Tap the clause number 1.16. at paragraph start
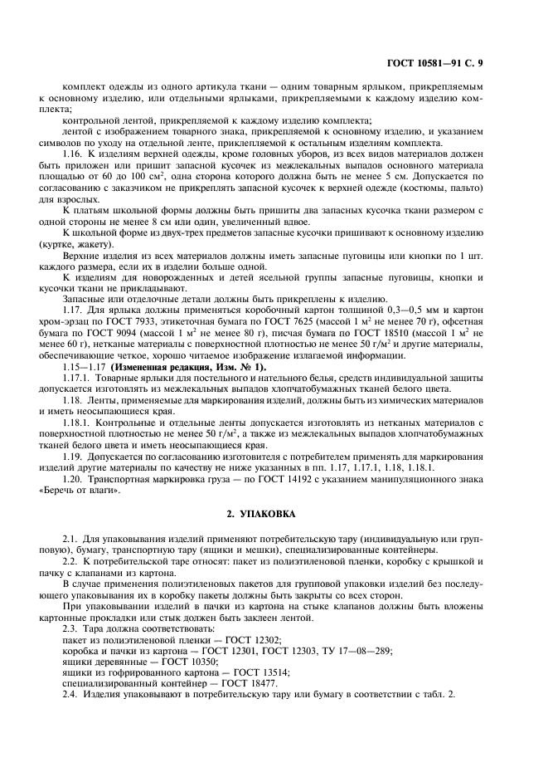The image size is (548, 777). (x=76, y=154)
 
